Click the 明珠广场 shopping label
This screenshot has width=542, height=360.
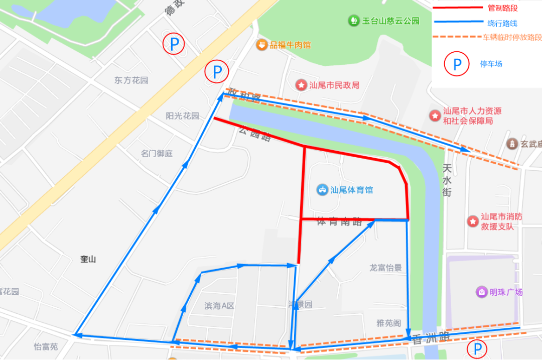[505, 292]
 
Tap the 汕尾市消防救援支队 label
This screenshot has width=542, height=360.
[501, 221]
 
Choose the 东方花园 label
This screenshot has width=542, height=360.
[131, 80]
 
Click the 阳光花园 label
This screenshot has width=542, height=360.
[182, 116]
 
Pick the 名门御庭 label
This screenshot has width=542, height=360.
[157, 154]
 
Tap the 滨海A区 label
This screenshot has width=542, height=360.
[219, 306]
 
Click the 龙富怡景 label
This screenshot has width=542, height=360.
[385, 268]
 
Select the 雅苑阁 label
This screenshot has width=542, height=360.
[388, 323]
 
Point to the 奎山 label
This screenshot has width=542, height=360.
[88, 259]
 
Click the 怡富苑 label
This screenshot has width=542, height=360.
[46, 346]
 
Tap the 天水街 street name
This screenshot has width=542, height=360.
[447, 180]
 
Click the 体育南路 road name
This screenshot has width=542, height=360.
[339, 222]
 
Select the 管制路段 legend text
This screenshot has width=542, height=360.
[502, 8]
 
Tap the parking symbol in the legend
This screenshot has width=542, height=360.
[457, 64]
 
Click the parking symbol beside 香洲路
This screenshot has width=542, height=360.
[478, 348]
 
